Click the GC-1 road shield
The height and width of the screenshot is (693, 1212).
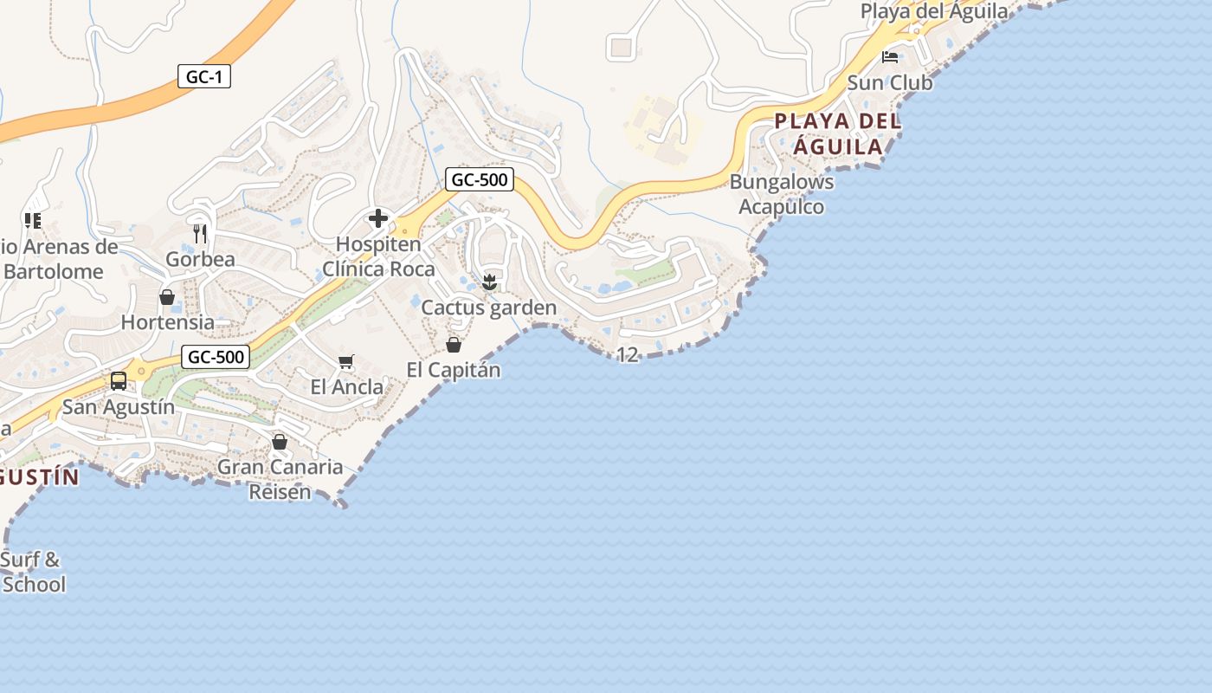[x=204, y=76]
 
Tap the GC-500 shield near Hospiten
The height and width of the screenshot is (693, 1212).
[x=480, y=180]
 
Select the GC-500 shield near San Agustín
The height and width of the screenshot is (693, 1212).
[x=216, y=357]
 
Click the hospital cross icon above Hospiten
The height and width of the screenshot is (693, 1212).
[x=378, y=218]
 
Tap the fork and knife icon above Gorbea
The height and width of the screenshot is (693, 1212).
[x=200, y=234]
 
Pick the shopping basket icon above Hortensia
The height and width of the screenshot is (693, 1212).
[x=167, y=298]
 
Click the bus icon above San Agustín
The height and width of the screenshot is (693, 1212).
[x=119, y=381]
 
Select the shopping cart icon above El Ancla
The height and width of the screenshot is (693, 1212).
[x=346, y=361]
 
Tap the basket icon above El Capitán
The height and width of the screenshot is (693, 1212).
[x=454, y=345]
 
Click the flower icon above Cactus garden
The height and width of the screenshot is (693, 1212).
[x=489, y=282]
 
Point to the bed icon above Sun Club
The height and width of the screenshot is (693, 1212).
[x=890, y=58]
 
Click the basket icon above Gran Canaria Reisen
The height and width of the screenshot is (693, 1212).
[x=280, y=442]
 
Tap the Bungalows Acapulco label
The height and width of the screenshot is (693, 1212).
[x=782, y=194]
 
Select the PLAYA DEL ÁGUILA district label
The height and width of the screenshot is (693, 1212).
[x=838, y=133]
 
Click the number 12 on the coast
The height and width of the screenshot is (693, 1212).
[x=628, y=354]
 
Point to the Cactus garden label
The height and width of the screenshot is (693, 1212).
[x=488, y=308]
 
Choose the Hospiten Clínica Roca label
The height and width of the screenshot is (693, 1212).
[x=378, y=256]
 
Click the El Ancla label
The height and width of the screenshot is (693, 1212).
[x=346, y=386]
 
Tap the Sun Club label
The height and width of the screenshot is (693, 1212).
[x=890, y=83]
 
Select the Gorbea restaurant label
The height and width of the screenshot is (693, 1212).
[x=200, y=259]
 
